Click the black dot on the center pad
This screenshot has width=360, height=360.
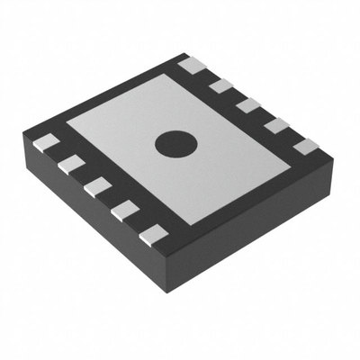pos(175,142)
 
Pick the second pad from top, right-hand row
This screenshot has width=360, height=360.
pos(221,85)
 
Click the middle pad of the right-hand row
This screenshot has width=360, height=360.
pos(249,105)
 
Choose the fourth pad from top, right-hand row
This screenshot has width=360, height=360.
pos(276,125)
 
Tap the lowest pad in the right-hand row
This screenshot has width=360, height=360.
pos(306,146)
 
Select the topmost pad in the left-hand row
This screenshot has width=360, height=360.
pos(46,142)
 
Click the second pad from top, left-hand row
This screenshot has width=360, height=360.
pos(71,164)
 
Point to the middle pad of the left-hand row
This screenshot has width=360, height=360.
pos(97,186)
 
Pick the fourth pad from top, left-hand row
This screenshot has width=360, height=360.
pos(125,210)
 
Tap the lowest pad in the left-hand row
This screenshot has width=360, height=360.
pos(155,235)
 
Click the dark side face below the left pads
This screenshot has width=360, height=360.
pos(90,225)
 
